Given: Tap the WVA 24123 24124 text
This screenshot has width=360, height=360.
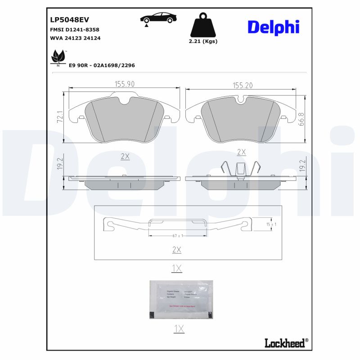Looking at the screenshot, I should pyautogui.click(x=75, y=38).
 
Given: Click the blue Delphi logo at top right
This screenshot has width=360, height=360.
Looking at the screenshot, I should pyautogui.click(x=273, y=27).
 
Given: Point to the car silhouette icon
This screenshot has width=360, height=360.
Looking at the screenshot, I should pyautogui.click(x=158, y=18).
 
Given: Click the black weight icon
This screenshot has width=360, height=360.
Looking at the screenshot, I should pyautogui.click(x=203, y=26).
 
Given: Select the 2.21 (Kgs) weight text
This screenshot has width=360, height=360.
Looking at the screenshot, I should pyautogui.click(x=203, y=41).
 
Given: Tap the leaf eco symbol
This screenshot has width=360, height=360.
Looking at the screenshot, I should pyautogui.click(x=58, y=57).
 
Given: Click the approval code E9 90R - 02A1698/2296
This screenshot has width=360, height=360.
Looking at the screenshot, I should pyautogui.click(x=102, y=65).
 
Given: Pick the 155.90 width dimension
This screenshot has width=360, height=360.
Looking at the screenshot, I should pyautogui.click(x=125, y=84).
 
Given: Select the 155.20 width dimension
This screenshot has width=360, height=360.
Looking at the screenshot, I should pyautogui.click(x=243, y=85).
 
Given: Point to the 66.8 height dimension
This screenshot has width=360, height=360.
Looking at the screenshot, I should pyautogui.click(x=301, y=120).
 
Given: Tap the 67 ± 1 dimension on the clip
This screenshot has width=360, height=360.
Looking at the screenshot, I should pyautogui.click(x=177, y=235).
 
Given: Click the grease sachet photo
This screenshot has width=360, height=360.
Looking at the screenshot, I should pyautogui.click(x=181, y=299).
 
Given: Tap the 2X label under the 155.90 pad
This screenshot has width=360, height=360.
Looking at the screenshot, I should pyautogui.click(x=125, y=156).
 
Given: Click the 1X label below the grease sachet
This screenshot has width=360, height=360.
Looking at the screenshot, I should pyautogui.click(x=179, y=329).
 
